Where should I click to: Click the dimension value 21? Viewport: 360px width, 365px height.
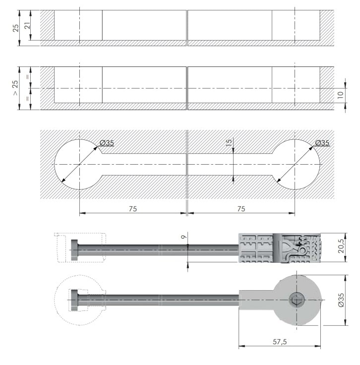(x=28, y=25)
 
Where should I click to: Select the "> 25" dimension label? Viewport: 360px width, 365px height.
(x=15, y=88)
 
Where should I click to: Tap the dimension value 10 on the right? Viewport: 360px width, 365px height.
(x=341, y=95)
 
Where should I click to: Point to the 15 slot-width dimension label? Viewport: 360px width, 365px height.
(x=229, y=142)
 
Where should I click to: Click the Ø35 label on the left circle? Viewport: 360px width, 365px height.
(x=107, y=143)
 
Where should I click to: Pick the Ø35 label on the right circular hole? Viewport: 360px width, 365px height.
(x=322, y=143)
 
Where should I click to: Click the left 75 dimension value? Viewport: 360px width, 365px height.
(x=133, y=209)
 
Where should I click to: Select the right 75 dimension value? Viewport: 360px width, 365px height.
(x=241, y=209)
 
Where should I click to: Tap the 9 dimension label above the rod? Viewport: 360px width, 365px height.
(x=184, y=237)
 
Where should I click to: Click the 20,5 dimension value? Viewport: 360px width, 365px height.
(x=341, y=247)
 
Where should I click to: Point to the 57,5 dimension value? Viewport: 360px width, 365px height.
(x=280, y=342)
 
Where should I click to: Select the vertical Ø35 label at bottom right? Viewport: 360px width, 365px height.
(x=341, y=300)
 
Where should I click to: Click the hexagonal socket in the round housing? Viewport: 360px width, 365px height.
(x=297, y=300)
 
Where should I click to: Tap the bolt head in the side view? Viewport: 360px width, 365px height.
(x=74, y=250)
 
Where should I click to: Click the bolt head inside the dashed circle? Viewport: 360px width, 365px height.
(x=74, y=300)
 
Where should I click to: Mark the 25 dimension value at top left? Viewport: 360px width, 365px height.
(x=15, y=28)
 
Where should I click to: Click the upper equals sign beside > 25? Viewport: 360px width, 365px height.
(x=28, y=77)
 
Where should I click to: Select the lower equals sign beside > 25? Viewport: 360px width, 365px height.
(x=28, y=99)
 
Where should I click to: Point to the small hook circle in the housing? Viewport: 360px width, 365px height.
(x=302, y=251)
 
